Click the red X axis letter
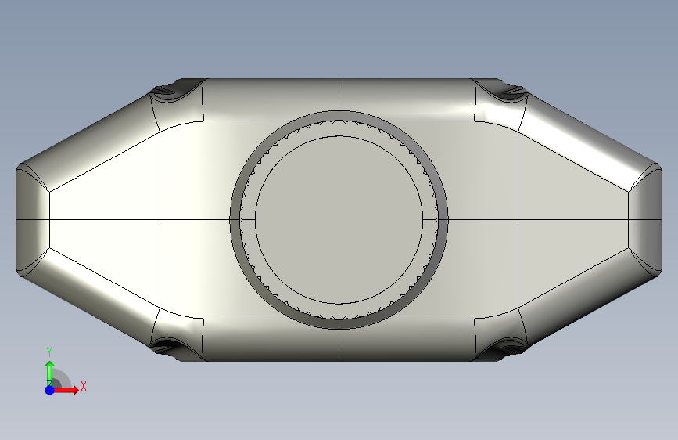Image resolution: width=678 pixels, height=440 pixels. (84, 386)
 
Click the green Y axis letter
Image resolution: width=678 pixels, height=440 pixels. (49, 352)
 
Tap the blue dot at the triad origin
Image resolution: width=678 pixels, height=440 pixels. (50, 390)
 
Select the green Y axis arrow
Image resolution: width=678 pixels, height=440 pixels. (50, 373)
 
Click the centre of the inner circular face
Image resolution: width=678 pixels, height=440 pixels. (339, 220)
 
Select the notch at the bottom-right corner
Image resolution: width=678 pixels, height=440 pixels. (510, 346)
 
